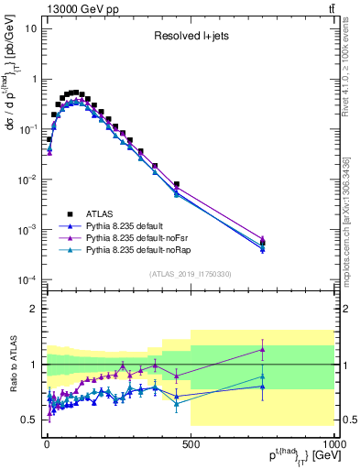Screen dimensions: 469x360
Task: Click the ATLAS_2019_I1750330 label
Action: [191, 272]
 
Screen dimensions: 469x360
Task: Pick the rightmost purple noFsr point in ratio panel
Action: [263, 349]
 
